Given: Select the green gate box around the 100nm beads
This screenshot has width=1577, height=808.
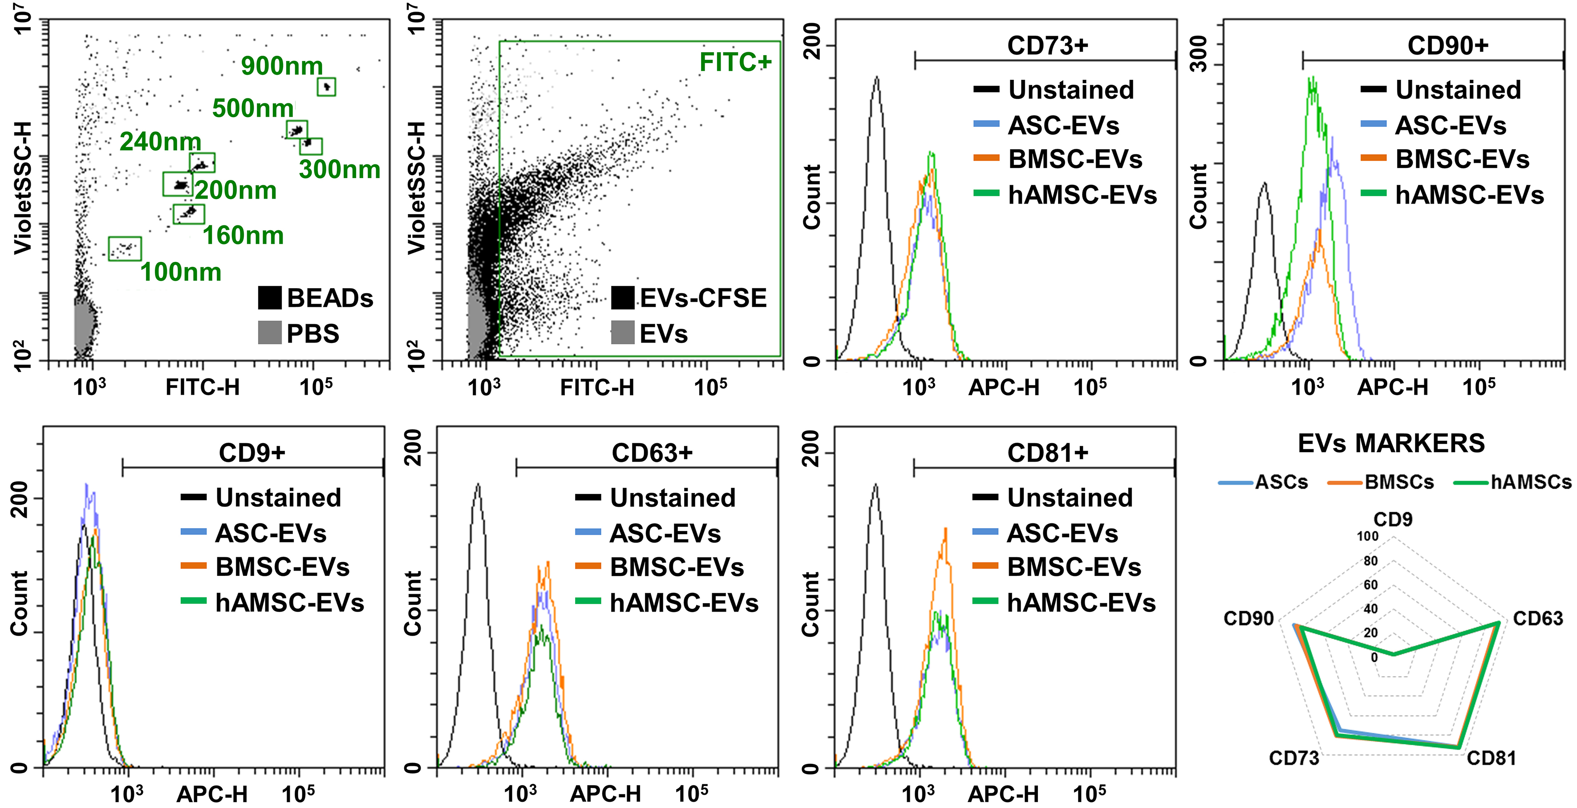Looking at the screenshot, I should (125, 249).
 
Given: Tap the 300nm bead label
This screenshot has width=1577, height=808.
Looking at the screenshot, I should (339, 170).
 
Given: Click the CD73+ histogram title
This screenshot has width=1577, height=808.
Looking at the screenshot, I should (1047, 45).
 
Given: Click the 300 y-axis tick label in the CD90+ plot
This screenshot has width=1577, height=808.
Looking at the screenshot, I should (1199, 53).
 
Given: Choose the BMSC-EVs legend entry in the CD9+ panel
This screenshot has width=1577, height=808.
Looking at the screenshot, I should (282, 567).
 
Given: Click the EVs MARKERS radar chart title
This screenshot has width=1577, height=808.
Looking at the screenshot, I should (1391, 443).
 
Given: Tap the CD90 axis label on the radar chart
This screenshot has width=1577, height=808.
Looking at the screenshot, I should (1248, 619).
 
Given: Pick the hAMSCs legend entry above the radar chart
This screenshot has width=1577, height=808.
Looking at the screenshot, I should (1530, 482).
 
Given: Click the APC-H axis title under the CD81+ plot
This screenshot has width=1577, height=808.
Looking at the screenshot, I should (1003, 795).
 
